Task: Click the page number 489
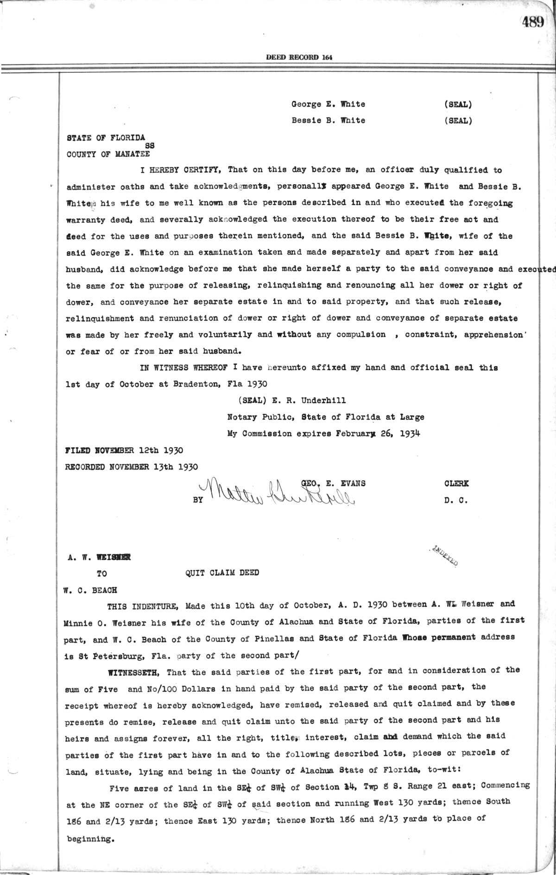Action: (532, 22)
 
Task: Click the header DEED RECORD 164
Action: (299, 58)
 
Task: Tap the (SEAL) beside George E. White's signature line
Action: (458, 104)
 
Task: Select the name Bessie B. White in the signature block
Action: (328, 120)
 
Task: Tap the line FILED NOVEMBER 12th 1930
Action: (125, 450)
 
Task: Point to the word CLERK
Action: (456, 483)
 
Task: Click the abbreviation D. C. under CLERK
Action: (456, 502)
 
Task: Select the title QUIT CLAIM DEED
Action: (222, 573)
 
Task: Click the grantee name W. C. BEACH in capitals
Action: (90, 590)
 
